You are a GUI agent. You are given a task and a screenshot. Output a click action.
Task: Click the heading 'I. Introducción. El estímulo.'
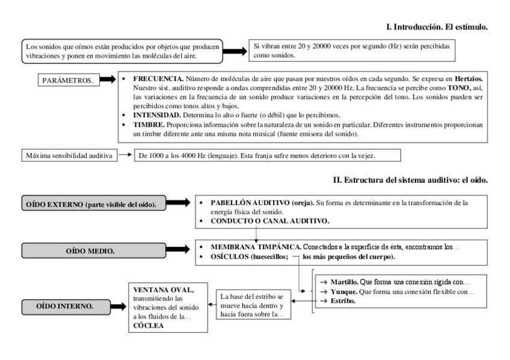(x=436, y=27)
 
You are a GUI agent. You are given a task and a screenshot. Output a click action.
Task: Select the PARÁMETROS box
(x=67, y=81)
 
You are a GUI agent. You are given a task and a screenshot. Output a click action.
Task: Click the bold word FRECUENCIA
(x=158, y=79)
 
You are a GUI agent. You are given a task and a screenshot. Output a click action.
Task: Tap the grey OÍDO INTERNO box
(x=65, y=307)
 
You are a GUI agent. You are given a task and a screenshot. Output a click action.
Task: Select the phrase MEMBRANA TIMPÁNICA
(x=255, y=247)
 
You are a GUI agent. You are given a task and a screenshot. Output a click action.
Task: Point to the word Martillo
(x=346, y=282)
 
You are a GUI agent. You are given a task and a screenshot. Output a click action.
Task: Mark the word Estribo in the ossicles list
(x=343, y=301)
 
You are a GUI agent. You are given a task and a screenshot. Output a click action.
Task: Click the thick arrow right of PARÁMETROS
(x=107, y=79)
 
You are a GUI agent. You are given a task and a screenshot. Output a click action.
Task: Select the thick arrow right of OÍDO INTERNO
(x=118, y=307)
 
